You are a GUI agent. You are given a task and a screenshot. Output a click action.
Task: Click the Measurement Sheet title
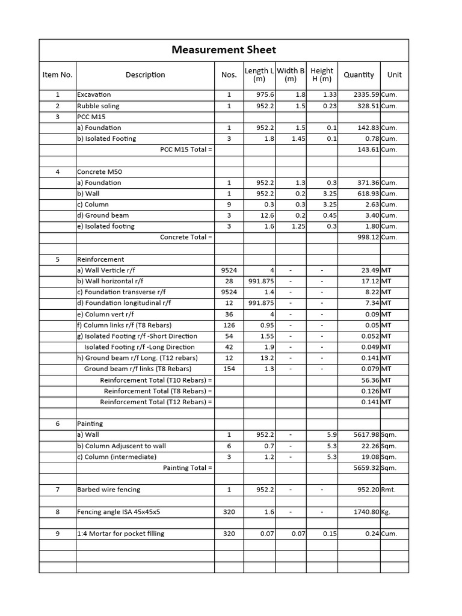tap(224, 50)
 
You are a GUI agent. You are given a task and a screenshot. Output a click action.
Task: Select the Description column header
tap(145, 75)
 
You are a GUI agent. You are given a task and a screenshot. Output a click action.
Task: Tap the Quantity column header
tap(359, 75)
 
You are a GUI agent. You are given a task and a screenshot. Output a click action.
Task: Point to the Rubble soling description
tap(98, 106)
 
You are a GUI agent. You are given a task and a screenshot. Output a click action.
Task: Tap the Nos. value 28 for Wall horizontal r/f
tap(229, 282)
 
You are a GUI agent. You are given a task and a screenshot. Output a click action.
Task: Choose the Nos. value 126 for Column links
tap(229, 325)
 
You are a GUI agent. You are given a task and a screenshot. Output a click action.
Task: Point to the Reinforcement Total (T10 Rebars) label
tap(156, 380)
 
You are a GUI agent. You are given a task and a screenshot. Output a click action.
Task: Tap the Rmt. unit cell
tap(389, 490)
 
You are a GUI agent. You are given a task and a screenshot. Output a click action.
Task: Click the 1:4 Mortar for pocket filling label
tap(120, 534)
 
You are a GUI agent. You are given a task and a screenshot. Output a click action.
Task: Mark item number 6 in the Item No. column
tap(58, 424)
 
